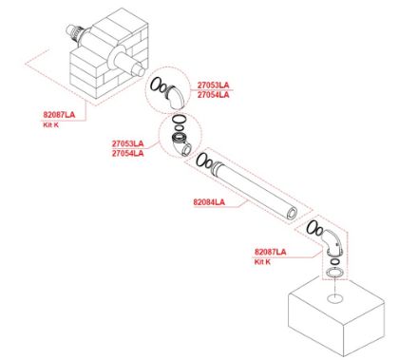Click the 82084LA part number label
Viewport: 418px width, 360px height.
[x=209, y=202]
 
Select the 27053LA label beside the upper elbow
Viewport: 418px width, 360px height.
[x=213, y=85]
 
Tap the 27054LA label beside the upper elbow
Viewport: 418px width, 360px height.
[x=213, y=95]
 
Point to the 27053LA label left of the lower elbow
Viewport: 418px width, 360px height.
[x=127, y=143]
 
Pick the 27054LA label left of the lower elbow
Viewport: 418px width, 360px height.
[x=127, y=154]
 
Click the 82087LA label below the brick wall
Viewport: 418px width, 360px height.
[x=59, y=115]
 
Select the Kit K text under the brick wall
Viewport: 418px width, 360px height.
[x=50, y=124]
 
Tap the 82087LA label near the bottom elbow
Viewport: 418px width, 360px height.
[x=270, y=252]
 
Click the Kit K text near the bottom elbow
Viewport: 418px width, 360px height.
[x=262, y=262]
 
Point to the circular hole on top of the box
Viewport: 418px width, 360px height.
[x=334, y=298]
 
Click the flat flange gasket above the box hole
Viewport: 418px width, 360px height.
[x=334, y=273]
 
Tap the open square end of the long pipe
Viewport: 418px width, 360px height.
[x=292, y=214]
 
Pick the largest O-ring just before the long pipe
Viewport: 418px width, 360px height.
[x=201, y=160]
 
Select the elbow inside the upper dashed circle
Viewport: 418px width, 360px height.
[x=176, y=97]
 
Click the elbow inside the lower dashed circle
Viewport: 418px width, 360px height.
[x=181, y=145]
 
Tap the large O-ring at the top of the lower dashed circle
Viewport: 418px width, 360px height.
[x=179, y=120]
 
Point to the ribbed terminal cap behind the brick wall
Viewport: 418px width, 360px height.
[x=74, y=32]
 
